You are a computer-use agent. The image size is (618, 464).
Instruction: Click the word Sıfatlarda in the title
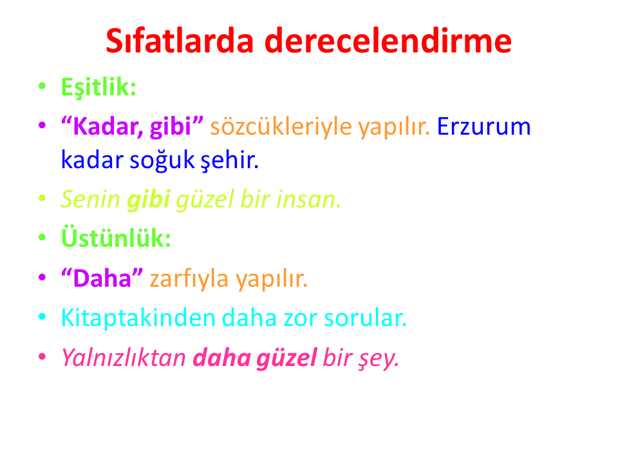pos(180,41)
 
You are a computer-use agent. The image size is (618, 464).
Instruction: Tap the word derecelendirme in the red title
pos(388,41)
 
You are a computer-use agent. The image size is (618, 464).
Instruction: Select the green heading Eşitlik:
pos(98,87)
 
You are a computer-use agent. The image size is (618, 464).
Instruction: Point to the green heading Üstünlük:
pos(116,238)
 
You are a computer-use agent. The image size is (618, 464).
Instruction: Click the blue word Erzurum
pos(484,127)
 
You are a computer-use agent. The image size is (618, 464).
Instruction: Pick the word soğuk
pos(162,160)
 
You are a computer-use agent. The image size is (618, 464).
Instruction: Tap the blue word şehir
pos(230,160)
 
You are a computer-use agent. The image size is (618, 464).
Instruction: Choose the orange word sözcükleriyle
pos(281,127)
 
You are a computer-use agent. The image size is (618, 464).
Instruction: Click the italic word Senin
pos(91,199)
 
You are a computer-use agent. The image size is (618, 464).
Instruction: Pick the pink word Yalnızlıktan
pos(124,358)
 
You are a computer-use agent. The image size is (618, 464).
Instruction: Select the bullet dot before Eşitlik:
pos(42,86)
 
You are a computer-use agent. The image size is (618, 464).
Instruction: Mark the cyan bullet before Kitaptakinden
pos(42,317)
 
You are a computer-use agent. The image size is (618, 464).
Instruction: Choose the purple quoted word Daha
pos(102,278)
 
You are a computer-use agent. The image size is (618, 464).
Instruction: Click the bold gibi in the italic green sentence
pos(149,200)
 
